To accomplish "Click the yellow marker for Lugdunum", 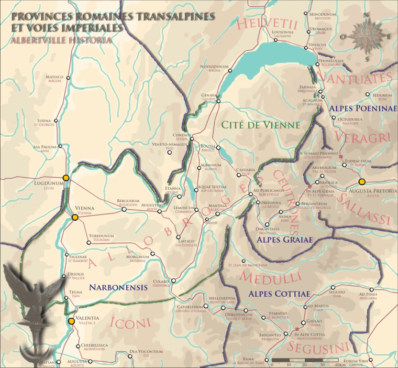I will [x=66, y=178].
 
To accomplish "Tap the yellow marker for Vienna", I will [x=74, y=217].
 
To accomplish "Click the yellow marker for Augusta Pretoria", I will [x=362, y=181].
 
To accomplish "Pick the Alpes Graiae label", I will [x=285, y=240].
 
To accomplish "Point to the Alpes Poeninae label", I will [x=360, y=107].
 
